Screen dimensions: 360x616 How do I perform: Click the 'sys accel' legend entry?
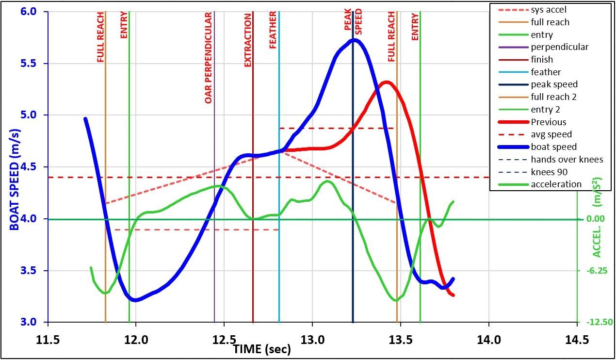tap(548, 10)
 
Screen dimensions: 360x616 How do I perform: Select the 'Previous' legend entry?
tap(548, 122)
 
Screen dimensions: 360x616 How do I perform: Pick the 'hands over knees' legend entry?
tap(567, 159)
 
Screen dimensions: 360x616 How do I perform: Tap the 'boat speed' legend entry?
tap(553, 147)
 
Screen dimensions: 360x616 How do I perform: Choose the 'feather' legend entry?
tap(546, 72)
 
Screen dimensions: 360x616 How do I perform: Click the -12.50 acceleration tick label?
tap(597, 322)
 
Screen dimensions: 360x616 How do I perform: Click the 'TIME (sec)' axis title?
tap(262, 349)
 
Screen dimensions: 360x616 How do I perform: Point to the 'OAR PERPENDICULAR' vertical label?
tap(209, 58)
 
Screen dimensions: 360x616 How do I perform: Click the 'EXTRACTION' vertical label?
tap(248, 40)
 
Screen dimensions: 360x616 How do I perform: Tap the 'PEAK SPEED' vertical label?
tap(353, 19)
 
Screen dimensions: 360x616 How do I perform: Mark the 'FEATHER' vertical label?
tap(273, 30)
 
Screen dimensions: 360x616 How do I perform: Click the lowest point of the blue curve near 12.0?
tap(135, 300)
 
